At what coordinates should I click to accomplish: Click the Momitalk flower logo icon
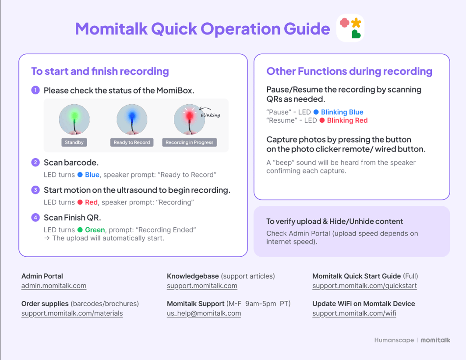pos(350,28)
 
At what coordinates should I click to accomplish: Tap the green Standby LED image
pos(74,119)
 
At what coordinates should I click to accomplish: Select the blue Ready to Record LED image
pos(132,119)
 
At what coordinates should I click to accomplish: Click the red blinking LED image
pos(189,119)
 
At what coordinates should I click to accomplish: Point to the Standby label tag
pos(74,142)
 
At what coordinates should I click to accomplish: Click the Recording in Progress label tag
pos(189,142)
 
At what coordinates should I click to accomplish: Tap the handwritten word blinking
pos(210,115)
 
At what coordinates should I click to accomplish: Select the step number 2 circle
pos(35,162)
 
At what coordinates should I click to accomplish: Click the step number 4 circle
pos(35,218)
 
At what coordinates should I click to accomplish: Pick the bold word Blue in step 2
pos(92,175)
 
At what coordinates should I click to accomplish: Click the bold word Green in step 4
pos(95,230)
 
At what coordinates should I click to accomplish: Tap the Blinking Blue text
pos(342,112)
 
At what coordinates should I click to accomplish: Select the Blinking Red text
pos(347,120)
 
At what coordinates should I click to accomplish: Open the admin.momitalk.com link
pos(54,286)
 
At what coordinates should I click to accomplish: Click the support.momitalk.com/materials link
pos(72,314)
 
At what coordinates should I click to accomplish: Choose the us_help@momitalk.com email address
pos(204,314)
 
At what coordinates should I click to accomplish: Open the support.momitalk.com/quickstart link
pos(364,286)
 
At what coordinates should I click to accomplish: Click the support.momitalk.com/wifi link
pos(354,314)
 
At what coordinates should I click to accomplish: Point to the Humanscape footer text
pos(394,340)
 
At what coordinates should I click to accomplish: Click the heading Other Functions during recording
pos(349,71)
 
